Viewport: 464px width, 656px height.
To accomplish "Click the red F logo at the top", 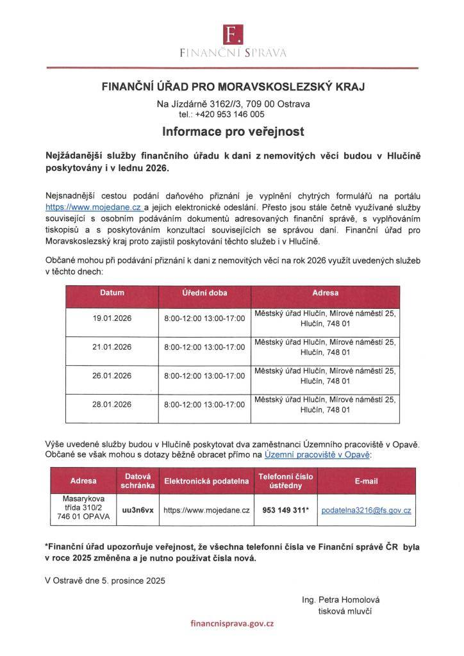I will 231,34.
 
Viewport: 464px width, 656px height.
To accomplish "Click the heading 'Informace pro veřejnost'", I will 232,132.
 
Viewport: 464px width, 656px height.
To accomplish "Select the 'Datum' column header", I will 112,293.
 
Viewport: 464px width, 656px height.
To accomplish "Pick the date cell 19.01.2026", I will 112,318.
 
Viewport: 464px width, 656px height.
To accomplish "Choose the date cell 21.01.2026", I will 112,347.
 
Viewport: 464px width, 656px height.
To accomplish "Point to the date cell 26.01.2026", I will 112,375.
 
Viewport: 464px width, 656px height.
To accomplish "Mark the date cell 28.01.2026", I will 112,404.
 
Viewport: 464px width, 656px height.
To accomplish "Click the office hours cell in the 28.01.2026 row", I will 204,404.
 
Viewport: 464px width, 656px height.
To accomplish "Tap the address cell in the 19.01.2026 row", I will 325,318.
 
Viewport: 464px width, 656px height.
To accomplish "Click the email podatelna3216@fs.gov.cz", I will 366,511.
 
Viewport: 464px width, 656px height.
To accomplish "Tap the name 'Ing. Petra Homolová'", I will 340,600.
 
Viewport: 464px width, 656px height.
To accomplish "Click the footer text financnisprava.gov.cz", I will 232,623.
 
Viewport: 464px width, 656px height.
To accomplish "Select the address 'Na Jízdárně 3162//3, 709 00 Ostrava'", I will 231,104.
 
